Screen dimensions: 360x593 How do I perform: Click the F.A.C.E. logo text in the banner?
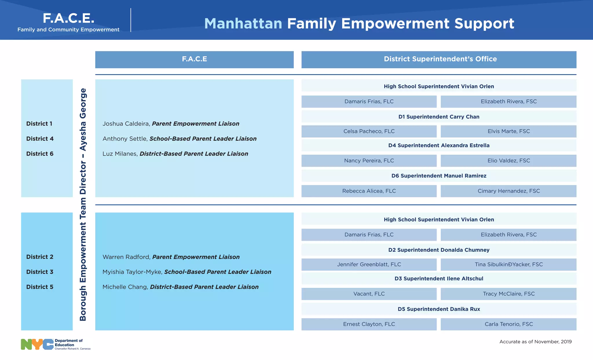[68, 18]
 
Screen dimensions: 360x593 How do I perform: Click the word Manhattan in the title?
[243, 23]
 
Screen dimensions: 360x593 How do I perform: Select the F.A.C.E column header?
[194, 59]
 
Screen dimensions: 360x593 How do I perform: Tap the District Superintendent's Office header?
[440, 59]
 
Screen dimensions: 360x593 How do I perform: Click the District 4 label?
[40, 139]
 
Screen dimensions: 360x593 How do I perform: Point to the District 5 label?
[40, 287]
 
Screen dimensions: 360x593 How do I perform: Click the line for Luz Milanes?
[175, 154]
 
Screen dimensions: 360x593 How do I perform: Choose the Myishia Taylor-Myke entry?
[187, 272]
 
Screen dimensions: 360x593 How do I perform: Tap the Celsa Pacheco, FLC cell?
[369, 131]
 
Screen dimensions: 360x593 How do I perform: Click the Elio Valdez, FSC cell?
[508, 161]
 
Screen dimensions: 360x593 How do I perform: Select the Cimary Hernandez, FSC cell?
[508, 191]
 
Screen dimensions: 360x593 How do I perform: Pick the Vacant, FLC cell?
[369, 294]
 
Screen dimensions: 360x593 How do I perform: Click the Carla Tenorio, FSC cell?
[508, 324]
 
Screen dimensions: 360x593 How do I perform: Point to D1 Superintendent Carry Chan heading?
[439, 117]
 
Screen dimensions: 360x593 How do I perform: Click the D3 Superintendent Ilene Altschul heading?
[439, 279]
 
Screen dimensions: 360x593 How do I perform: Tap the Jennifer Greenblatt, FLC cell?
[369, 264]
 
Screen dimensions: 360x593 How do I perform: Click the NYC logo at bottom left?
[37, 344]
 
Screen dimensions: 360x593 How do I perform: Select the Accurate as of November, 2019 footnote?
[535, 342]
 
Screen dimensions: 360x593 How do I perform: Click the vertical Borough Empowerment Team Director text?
[83, 204]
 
